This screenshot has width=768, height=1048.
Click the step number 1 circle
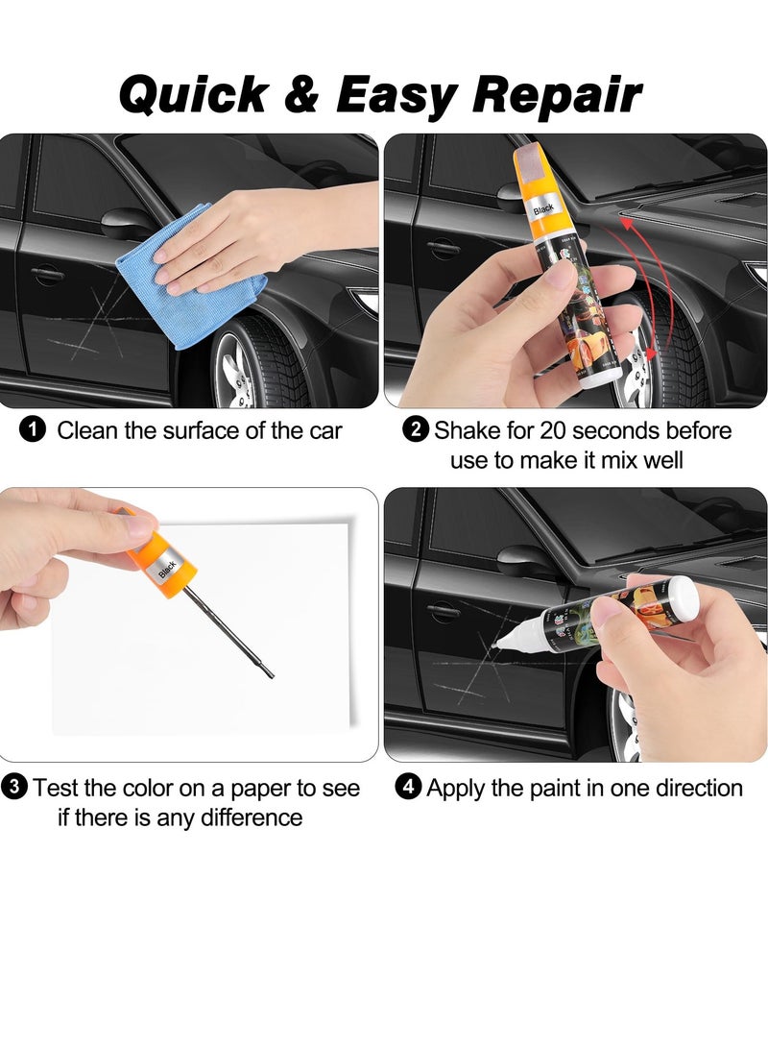click(32, 430)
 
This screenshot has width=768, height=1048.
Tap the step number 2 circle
click(416, 430)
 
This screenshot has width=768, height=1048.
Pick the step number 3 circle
click(14, 789)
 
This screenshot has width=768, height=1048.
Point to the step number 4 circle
click(409, 789)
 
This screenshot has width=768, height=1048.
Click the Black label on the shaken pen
click(543, 207)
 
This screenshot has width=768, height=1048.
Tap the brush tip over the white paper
click(269, 673)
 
